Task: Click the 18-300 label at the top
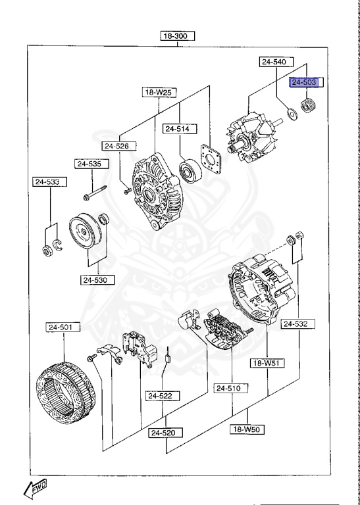(179, 37)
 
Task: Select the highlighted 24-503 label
(305, 82)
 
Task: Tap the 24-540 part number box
(273, 62)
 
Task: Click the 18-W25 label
(158, 93)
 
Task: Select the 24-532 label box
(295, 324)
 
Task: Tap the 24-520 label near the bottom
(165, 433)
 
